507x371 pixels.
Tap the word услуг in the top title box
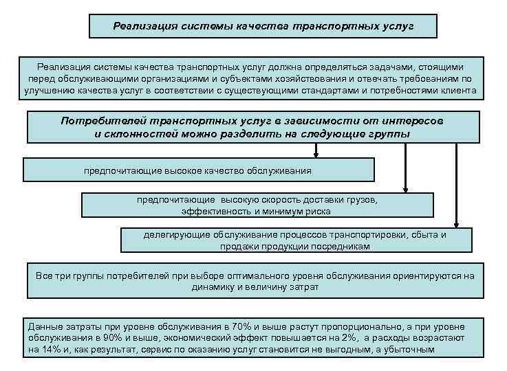click(x=398, y=27)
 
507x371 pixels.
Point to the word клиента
click(x=455, y=90)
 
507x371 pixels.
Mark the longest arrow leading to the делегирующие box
click(x=456, y=185)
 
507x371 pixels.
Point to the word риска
click(x=319, y=212)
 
